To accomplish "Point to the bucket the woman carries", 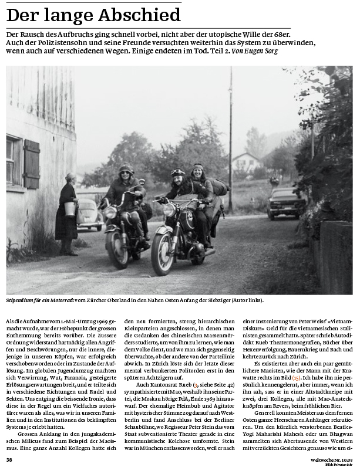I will click(x=70, y=209).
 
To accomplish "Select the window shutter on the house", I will click(x=31, y=164).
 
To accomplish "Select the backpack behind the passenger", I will click(x=219, y=187).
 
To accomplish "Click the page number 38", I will click(x=9, y=459).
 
